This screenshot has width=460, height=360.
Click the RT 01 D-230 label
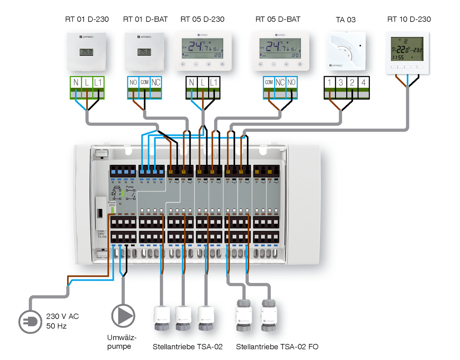click(x=87, y=19)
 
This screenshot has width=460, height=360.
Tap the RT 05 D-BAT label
click(x=278, y=19)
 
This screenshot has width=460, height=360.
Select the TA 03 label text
click(x=346, y=20)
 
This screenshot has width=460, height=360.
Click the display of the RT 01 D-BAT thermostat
click(x=145, y=52)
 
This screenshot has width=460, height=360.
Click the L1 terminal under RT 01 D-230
click(x=99, y=82)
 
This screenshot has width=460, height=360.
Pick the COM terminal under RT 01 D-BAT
click(x=145, y=82)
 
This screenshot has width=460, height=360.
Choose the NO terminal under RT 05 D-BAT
click(x=292, y=82)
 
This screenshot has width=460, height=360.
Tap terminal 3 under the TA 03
click(x=341, y=82)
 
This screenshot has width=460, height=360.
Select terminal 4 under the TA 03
click(x=364, y=82)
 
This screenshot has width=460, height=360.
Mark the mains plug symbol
click(x=30, y=321)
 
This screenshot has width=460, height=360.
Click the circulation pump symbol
click(x=123, y=316)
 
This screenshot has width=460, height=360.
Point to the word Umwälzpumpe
click(x=122, y=342)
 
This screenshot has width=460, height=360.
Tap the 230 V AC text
click(x=62, y=317)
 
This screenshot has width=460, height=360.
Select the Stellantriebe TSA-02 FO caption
click(x=277, y=347)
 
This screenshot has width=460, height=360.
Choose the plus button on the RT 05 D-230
click(x=209, y=64)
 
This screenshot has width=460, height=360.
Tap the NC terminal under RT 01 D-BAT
click(x=156, y=82)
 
